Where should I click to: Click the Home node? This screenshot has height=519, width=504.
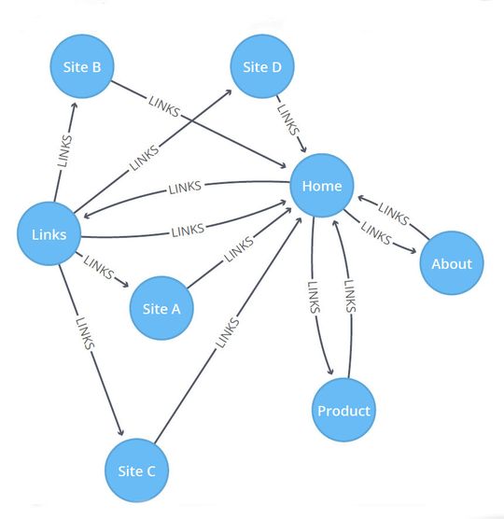tap(321, 186)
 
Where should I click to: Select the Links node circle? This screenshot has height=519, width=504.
tap(49, 233)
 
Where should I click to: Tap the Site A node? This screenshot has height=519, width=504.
tap(161, 309)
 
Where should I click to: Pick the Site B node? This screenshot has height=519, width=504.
tap(81, 66)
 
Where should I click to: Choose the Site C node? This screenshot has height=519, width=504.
tap(137, 471)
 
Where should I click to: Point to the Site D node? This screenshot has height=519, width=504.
tap(261, 66)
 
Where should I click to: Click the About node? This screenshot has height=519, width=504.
tap(451, 263)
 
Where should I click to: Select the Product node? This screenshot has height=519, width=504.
tap(343, 411)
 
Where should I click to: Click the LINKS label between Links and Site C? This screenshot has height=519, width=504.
tap(84, 333)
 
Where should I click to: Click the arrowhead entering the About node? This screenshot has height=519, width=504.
tap(415, 249)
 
